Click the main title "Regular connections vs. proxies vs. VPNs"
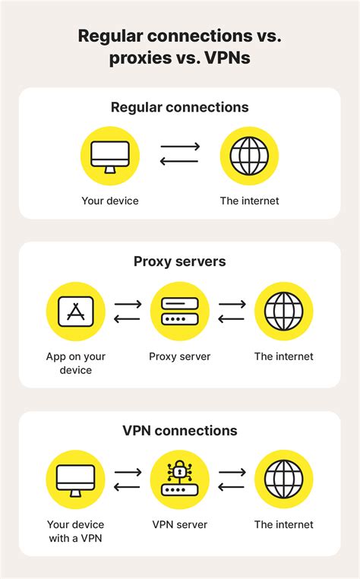(x=180, y=48)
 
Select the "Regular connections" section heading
(x=180, y=107)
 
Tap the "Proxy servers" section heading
(x=180, y=262)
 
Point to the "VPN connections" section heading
(x=180, y=431)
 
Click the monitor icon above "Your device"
(x=110, y=156)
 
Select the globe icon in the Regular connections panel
(x=249, y=156)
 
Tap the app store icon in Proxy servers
(x=75, y=312)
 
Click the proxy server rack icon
(x=180, y=312)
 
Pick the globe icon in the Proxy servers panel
(x=283, y=312)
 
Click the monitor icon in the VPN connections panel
(x=75, y=480)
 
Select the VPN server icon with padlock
(x=180, y=480)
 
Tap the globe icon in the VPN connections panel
(x=283, y=480)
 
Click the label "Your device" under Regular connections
(x=110, y=201)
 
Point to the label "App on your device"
(x=75, y=363)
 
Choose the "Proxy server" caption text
(x=180, y=356)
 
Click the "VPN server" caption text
(x=180, y=524)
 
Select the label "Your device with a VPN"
(x=75, y=531)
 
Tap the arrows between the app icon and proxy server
(x=128, y=312)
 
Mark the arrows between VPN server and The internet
(x=232, y=480)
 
